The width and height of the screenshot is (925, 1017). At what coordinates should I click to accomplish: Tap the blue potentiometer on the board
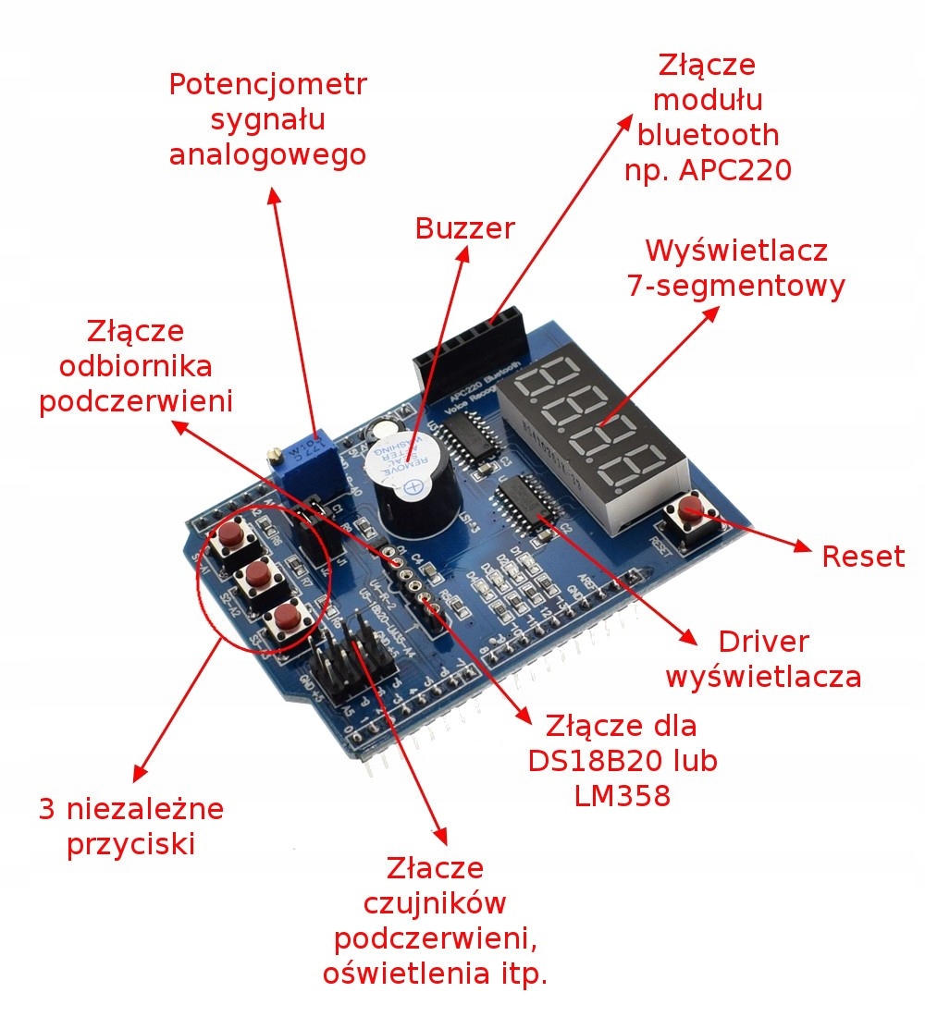click(305, 459)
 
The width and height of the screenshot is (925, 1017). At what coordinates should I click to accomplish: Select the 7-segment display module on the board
click(594, 425)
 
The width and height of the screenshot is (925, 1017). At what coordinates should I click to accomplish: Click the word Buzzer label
click(464, 228)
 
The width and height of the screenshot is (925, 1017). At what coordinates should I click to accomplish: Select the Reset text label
click(863, 557)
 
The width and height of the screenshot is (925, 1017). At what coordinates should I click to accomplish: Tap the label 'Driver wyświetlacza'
click(763, 659)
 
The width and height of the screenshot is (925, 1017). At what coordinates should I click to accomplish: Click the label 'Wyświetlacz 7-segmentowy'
click(736, 268)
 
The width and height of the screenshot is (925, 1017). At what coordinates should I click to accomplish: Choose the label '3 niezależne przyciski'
click(131, 827)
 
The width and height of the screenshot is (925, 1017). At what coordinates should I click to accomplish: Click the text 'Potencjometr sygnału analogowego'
click(267, 119)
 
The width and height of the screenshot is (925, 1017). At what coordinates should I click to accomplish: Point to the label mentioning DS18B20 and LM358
click(622, 759)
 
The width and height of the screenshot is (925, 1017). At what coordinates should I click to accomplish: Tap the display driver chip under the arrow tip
click(525, 504)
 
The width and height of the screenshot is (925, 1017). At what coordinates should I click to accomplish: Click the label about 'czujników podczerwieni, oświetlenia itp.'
click(435, 920)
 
